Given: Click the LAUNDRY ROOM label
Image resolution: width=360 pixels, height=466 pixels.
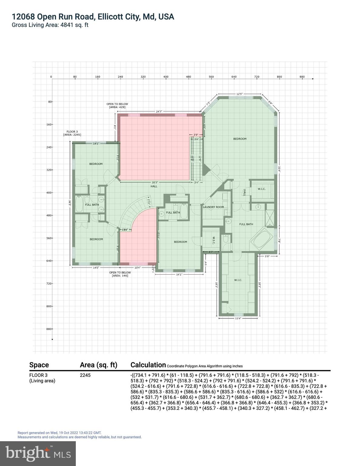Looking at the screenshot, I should click(213, 207).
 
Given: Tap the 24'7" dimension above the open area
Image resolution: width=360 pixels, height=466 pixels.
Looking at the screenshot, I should click(160, 112).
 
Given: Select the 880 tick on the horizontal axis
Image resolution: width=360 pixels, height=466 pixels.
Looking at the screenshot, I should click(302, 77).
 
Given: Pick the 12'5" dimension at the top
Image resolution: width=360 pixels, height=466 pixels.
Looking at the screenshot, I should click(240, 94).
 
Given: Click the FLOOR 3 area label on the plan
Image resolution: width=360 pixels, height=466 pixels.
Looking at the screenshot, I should click(72, 133).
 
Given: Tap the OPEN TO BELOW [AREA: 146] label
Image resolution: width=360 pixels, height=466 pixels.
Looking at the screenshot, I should click(120, 274).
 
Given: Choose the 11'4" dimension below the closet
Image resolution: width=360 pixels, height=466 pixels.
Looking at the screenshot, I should click(238, 318).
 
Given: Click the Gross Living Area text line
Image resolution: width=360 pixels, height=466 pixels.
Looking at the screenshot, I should click(50, 25).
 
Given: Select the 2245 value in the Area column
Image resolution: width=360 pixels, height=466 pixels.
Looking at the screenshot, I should click(85, 375).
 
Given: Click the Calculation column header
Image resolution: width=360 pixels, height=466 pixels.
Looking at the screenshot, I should click(148, 365).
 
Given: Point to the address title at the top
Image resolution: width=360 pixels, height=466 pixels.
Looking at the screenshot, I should click(93, 17).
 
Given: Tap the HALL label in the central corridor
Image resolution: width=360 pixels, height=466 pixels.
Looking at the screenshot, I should click(154, 186).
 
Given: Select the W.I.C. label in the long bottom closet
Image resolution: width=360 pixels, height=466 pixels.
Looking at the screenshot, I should click(238, 280).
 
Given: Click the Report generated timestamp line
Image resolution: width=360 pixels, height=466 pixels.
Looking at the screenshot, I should click(59, 433).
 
